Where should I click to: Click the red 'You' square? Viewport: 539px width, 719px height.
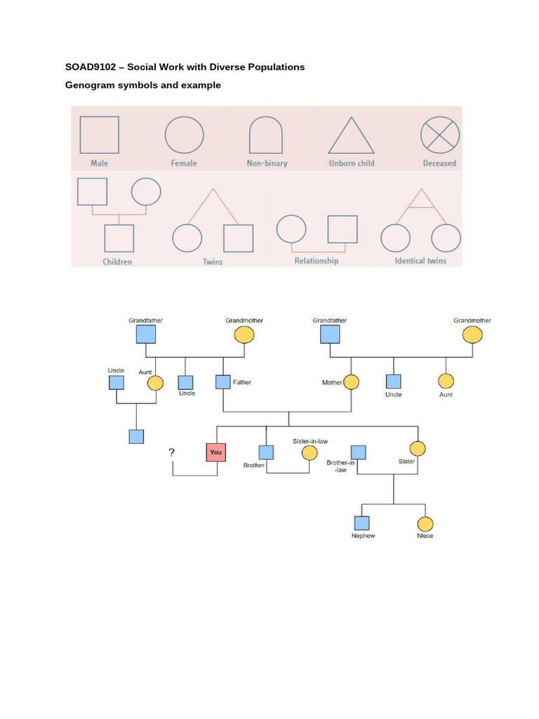click(x=215, y=452)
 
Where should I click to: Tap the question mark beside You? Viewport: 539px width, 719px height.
click(x=171, y=453)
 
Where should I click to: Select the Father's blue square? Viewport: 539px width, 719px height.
click(x=223, y=383)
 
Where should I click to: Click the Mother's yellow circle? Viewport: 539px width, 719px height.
click(x=351, y=383)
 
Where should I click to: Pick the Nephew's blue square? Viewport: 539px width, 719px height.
click(x=361, y=523)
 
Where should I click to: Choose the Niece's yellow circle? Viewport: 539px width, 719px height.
click(x=425, y=524)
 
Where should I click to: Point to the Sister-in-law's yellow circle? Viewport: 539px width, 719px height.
click(x=310, y=453)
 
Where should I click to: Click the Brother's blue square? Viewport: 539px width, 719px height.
click(x=266, y=453)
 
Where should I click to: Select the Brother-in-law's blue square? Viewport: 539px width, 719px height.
click(x=359, y=452)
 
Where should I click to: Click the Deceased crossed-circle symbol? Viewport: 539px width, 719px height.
click(x=440, y=134)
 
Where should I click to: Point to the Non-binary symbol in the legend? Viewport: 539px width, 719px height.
click(x=267, y=135)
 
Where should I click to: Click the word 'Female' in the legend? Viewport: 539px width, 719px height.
click(x=184, y=164)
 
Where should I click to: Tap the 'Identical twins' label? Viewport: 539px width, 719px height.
click(x=420, y=261)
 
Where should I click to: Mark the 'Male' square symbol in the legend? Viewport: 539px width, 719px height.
click(x=99, y=135)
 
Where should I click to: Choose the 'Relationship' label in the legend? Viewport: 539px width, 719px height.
click(x=317, y=261)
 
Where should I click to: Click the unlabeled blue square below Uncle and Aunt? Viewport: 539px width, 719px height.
click(x=137, y=436)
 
